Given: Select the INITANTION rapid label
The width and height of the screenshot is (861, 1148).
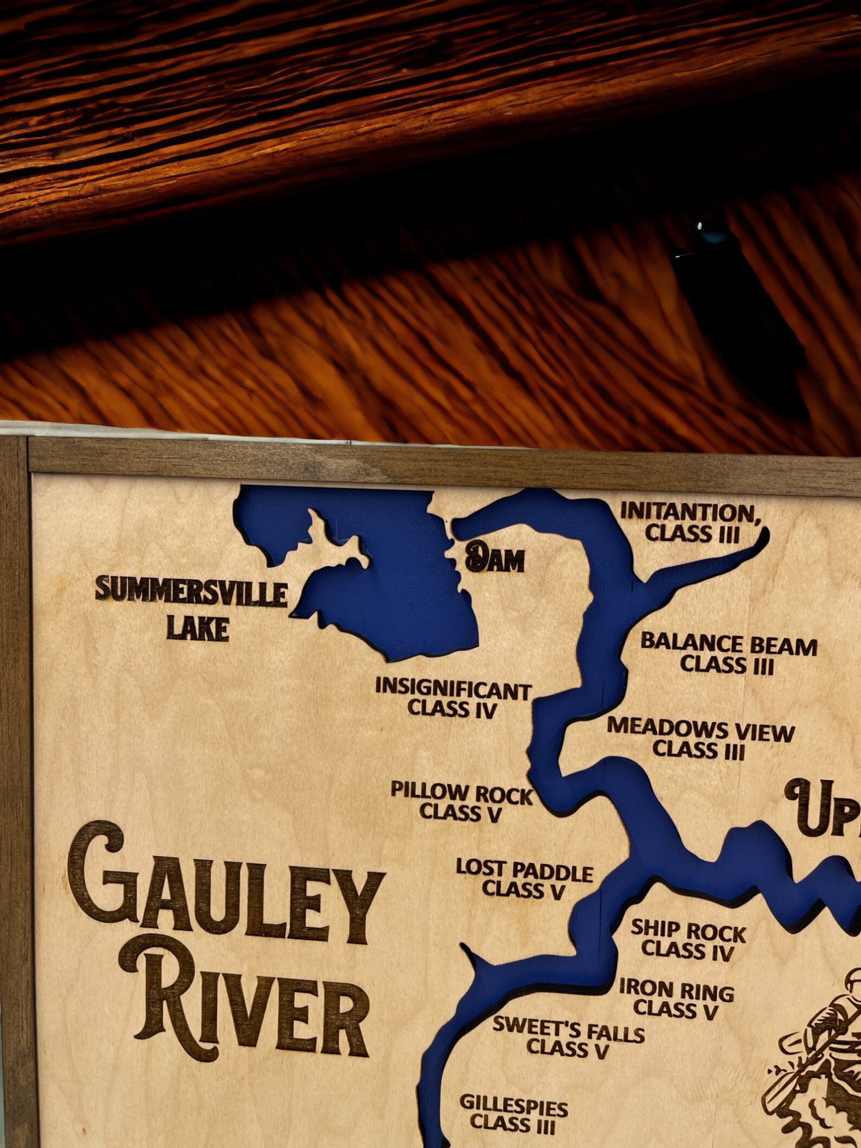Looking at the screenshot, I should [x=689, y=513].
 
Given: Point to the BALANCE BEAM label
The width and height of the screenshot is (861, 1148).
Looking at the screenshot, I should [x=728, y=645].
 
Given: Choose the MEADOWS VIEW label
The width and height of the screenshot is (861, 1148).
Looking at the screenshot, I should [x=700, y=730].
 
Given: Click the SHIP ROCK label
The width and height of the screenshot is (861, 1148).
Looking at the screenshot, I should [x=688, y=932].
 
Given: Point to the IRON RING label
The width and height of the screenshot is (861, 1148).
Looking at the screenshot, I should [x=676, y=991].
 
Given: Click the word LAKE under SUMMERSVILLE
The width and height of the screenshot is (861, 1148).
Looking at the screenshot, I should [x=197, y=629].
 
